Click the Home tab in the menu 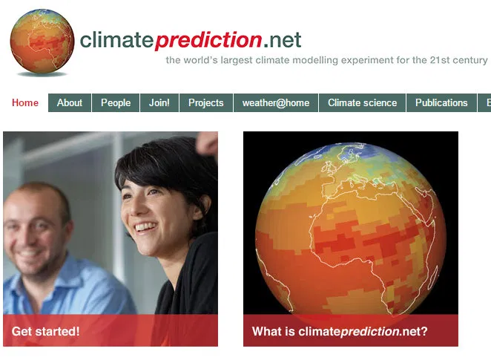click(25, 103)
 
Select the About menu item click(70, 103)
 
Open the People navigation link click(116, 103)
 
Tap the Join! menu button click(159, 103)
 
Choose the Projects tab click(205, 103)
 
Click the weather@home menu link click(276, 103)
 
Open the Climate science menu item click(363, 103)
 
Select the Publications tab click(441, 103)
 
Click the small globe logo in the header click(42, 42)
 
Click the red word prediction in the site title click(208, 39)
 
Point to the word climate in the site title click(116, 39)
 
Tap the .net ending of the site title click(283, 39)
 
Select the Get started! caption click(46, 332)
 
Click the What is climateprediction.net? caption click(340, 332)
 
